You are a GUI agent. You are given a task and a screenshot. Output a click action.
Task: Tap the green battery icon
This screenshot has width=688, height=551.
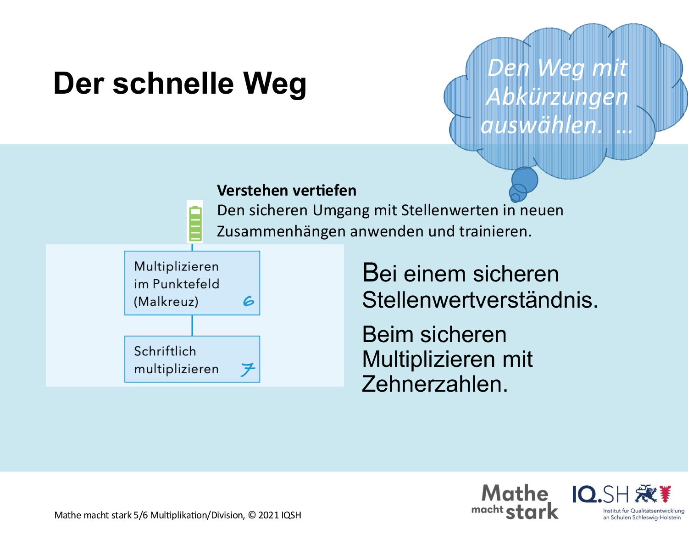[x=195, y=224]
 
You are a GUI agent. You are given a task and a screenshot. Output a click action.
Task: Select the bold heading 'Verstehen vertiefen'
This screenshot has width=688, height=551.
[x=287, y=191]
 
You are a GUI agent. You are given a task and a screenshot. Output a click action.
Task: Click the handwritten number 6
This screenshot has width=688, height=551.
[x=249, y=301]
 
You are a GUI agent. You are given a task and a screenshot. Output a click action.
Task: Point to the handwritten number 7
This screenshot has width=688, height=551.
[x=248, y=370]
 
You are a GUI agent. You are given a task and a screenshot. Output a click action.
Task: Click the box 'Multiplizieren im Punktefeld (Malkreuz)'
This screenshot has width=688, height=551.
[x=192, y=283]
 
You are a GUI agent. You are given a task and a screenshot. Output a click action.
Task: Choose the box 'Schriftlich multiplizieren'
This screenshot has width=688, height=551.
[x=192, y=359]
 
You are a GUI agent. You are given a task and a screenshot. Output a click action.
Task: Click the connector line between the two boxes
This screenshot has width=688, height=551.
[x=192, y=326]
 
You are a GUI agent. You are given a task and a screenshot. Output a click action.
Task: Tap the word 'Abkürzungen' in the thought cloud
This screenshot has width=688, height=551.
[x=557, y=97]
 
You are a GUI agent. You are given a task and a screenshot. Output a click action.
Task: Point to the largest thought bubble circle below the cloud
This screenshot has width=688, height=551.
[x=525, y=180]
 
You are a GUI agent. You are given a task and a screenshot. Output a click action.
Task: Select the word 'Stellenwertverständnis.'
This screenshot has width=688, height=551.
[x=480, y=300]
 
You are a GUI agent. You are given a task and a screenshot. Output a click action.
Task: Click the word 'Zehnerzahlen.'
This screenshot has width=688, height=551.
[x=435, y=384]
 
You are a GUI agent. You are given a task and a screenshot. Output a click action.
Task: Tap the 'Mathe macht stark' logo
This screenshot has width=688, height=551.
[x=515, y=502]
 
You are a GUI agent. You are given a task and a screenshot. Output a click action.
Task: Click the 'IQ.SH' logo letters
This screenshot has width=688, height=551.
[x=600, y=495]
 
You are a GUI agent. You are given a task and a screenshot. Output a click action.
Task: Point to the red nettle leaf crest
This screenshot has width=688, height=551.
[x=666, y=494]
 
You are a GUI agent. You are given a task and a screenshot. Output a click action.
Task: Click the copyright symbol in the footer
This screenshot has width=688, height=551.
[x=252, y=515]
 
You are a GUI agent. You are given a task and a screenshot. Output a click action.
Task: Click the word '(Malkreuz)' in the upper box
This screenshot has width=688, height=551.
[x=166, y=302]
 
